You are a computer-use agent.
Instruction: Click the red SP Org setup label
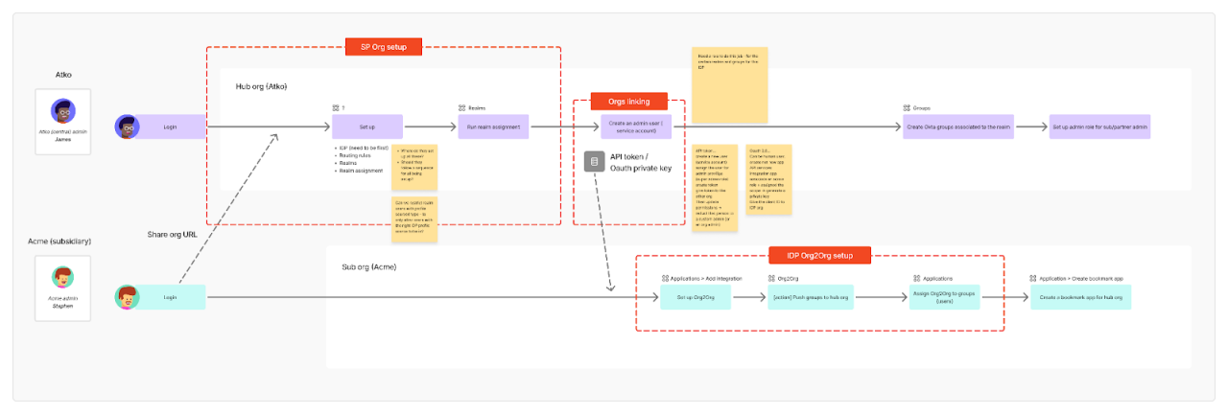tap(384, 46)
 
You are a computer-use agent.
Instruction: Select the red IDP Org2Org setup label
tap(820, 256)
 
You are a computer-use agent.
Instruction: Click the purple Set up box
tap(367, 126)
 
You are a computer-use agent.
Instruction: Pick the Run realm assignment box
tap(493, 126)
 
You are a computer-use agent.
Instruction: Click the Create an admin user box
tap(636, 126)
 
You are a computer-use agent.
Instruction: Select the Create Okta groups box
tap(957, 126)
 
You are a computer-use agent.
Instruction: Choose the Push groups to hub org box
tap(815, 298)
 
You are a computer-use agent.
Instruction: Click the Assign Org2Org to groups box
tap(944, 298)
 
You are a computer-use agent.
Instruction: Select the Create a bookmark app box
tap(1080, 298)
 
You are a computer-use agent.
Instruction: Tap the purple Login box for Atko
tap(171, 126)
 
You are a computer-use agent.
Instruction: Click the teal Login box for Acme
tap(171, 298)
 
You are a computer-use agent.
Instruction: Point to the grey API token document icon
tap(595, 162)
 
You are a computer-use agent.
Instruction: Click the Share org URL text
tap(174, 235)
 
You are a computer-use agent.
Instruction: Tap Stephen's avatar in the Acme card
tap(62, 277)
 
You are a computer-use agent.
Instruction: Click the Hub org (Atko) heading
tap(261, 87)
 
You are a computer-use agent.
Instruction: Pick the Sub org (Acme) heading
tap(368, 266)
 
